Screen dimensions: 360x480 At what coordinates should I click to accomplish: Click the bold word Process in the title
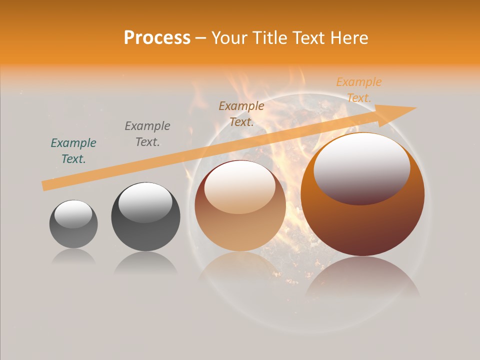[x=157, y=38]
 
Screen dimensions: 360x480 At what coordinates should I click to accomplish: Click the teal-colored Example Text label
[x=73, y=150]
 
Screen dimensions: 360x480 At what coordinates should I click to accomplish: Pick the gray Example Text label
[x=147, y=133]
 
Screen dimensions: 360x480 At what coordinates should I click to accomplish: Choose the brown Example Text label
[x=241, y=113]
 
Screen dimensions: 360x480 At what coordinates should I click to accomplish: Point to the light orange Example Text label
[x=359, y=89]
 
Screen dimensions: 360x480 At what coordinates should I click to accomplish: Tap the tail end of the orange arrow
[x=46, y=185]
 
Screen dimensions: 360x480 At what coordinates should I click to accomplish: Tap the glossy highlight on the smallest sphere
[x=73, y=214]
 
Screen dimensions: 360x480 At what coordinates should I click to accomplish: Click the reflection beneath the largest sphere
[x=362, y=277]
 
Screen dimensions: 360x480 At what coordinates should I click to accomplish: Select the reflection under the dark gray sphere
[x=145, y=262]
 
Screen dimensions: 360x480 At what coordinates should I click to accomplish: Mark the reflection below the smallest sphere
[x=73, y=256]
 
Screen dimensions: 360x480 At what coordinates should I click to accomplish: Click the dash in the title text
[x=201, y=38]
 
